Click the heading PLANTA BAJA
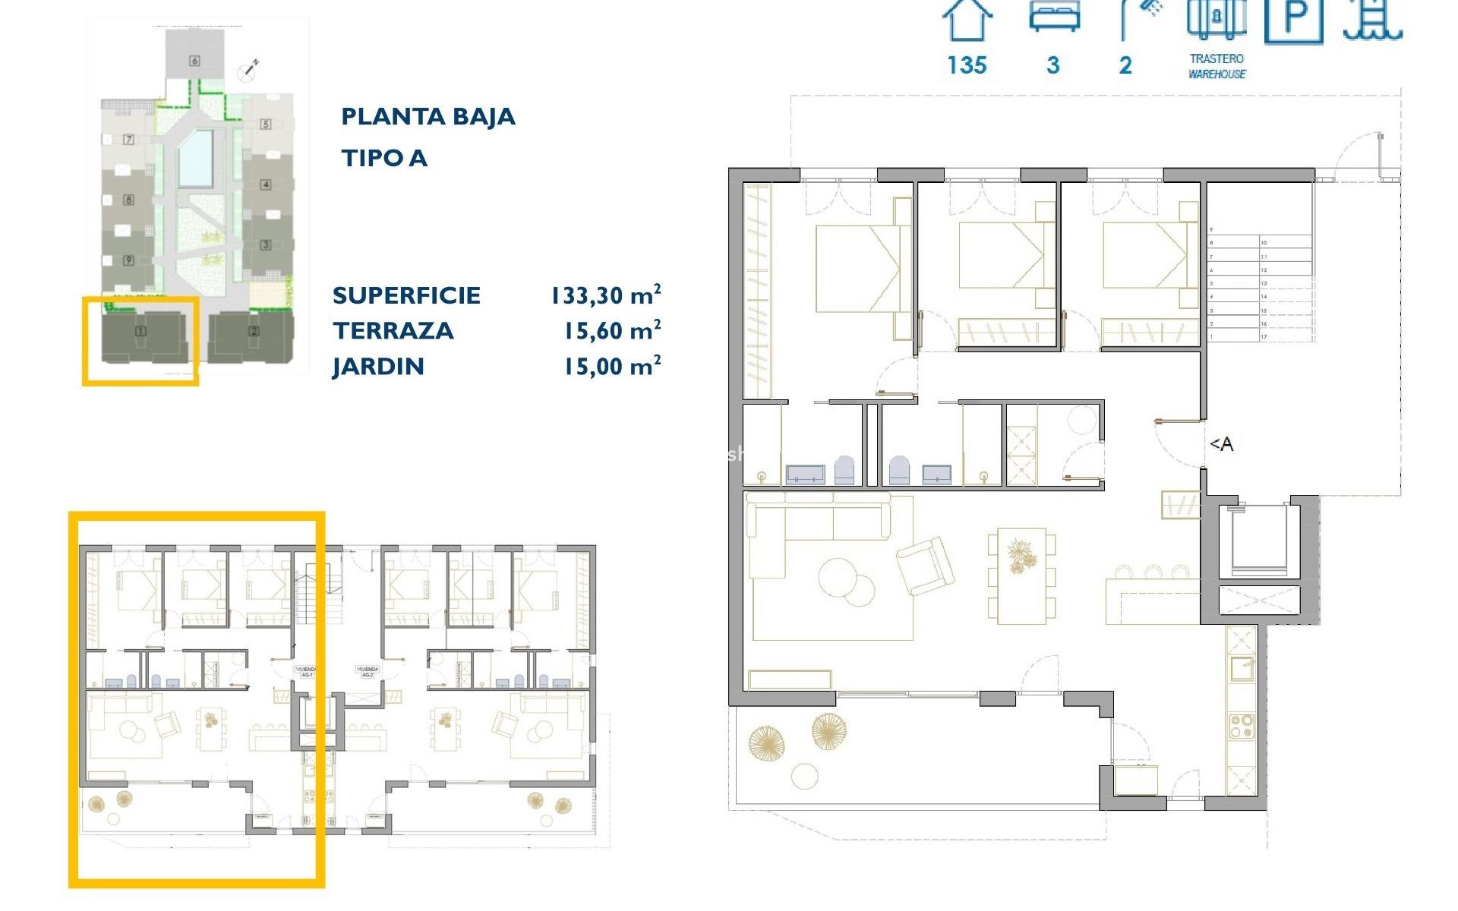coord(428,117)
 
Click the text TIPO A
coord(383,159)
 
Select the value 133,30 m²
coord(605,295)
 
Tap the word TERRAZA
coord(393,331)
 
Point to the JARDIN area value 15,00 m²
coord(611,367)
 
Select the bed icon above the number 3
coord(1054,17)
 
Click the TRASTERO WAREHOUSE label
coord(1217,66)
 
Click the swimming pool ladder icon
coord(1372,18)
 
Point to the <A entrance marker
coord(1221,444)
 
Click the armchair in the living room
coord(925,565)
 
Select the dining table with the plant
coord(1021,575)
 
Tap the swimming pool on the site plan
coord(195,159)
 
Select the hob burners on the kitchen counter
coord(1242,727)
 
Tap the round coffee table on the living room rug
coord(840,578)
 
